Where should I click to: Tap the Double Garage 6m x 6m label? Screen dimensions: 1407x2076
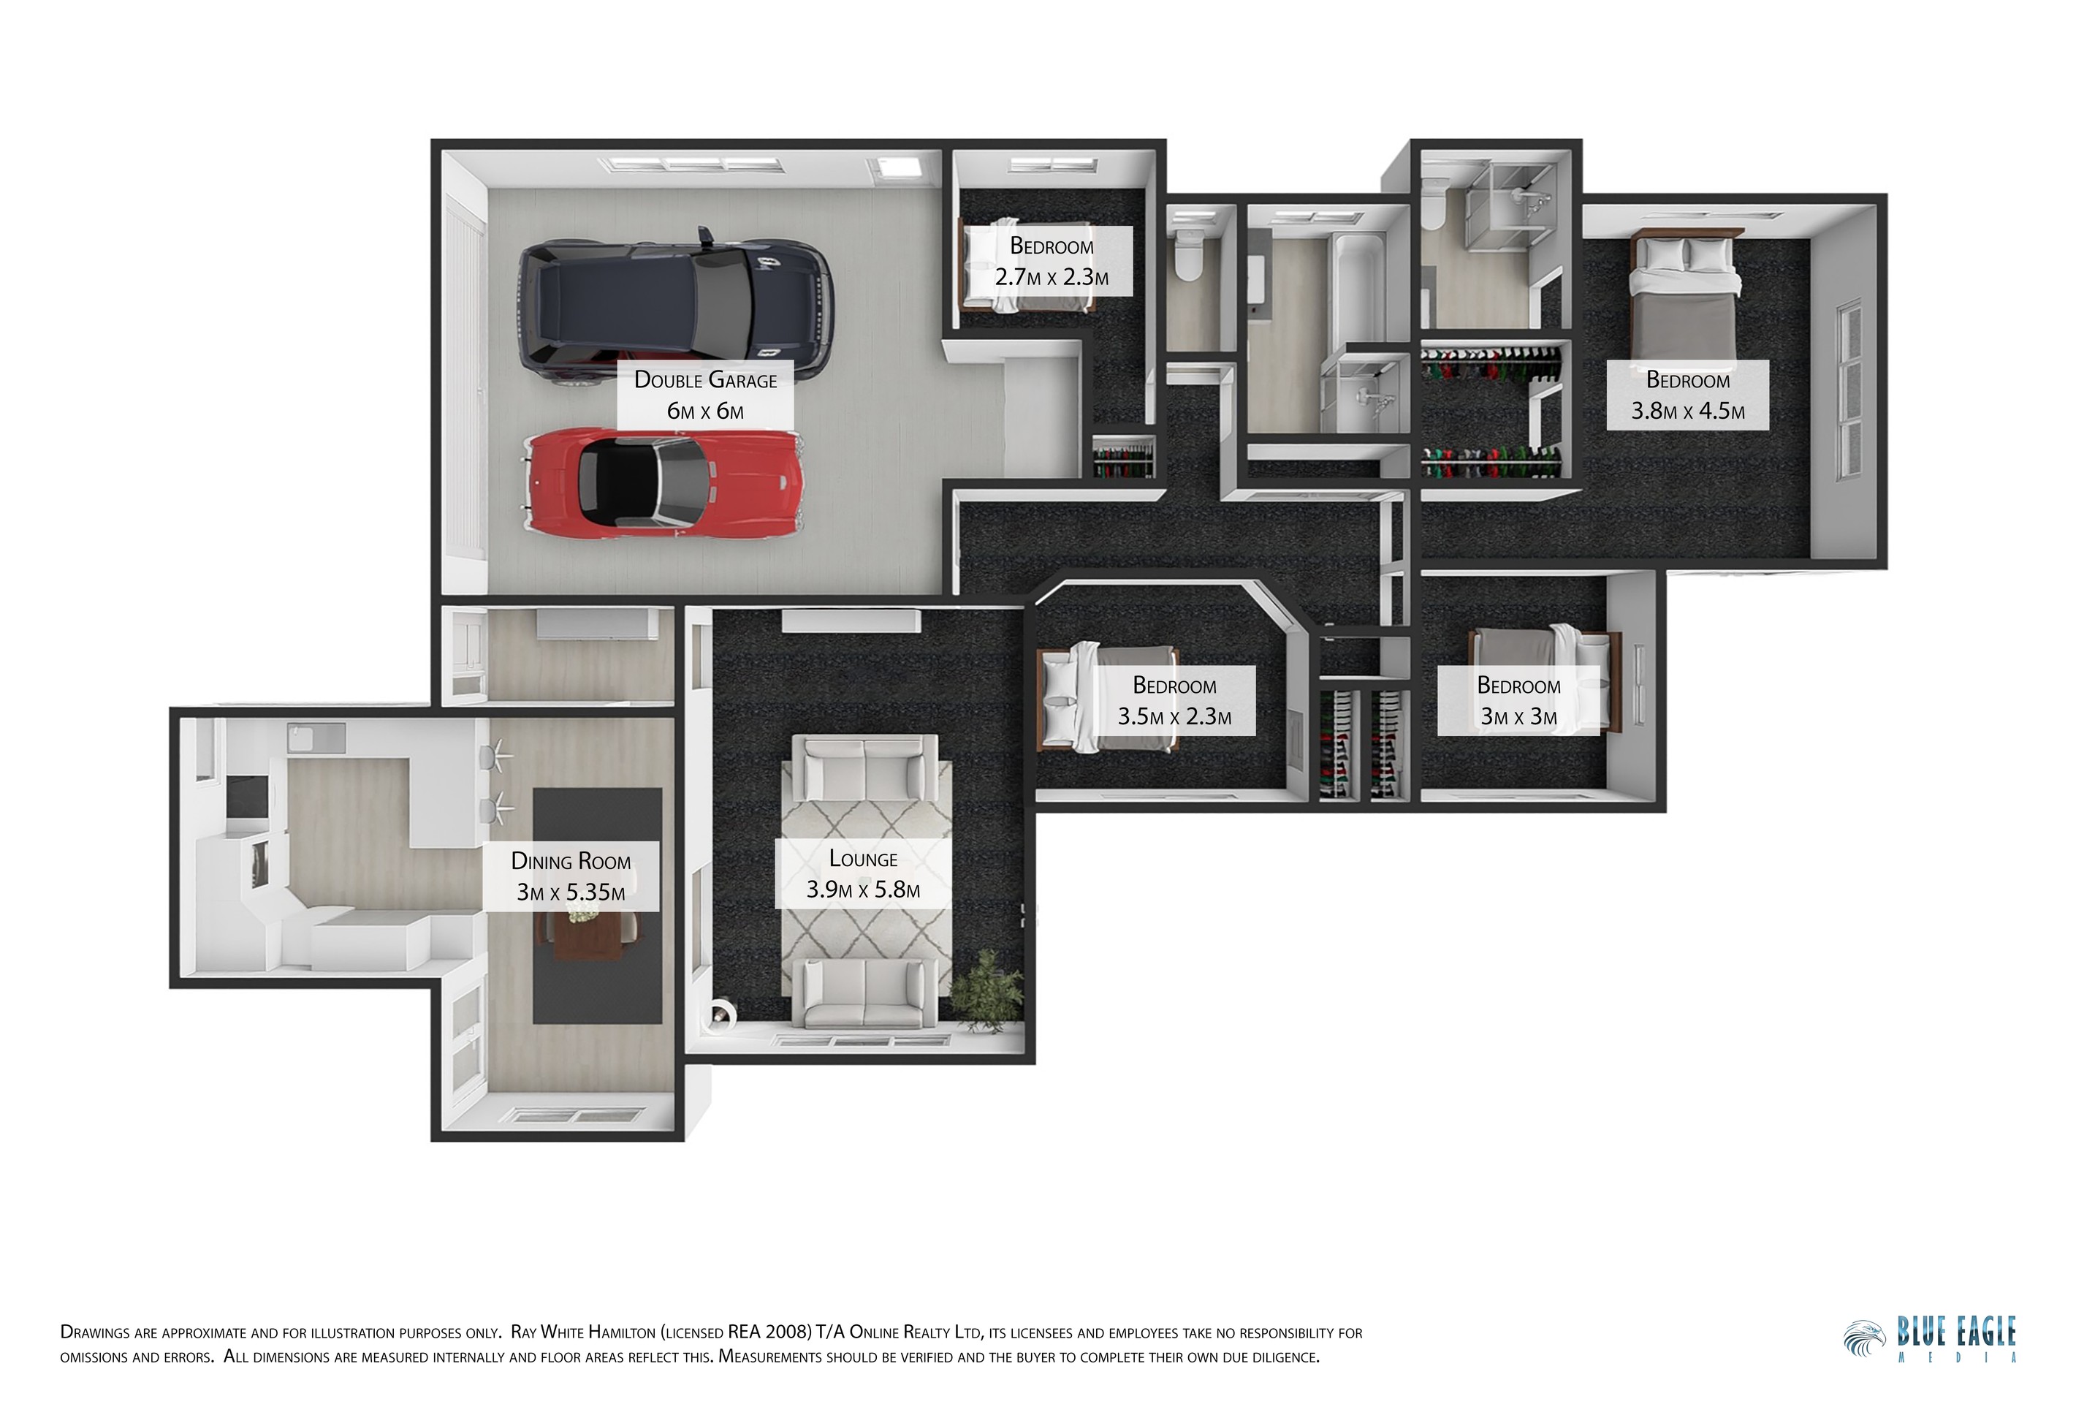(x=705, y=395)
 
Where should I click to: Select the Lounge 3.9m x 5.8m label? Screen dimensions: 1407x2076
(x=862, y=873)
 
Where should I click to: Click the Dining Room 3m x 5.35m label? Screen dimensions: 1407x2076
(x=571, y=876)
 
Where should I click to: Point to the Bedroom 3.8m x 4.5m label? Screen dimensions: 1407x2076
(x=1687, y=395)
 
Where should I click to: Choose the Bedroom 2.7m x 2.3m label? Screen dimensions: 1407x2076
(x=1052, y=261)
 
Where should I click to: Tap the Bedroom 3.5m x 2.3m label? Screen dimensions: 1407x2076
(x=1174, y=700)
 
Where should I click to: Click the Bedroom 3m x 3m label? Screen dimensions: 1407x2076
(x=1518, y=700)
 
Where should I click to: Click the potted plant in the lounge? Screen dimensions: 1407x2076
(x=987, y=992)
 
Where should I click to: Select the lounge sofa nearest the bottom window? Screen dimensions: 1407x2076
(x=863, y=993)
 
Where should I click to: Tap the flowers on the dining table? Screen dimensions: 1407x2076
(x=583, y=910)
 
